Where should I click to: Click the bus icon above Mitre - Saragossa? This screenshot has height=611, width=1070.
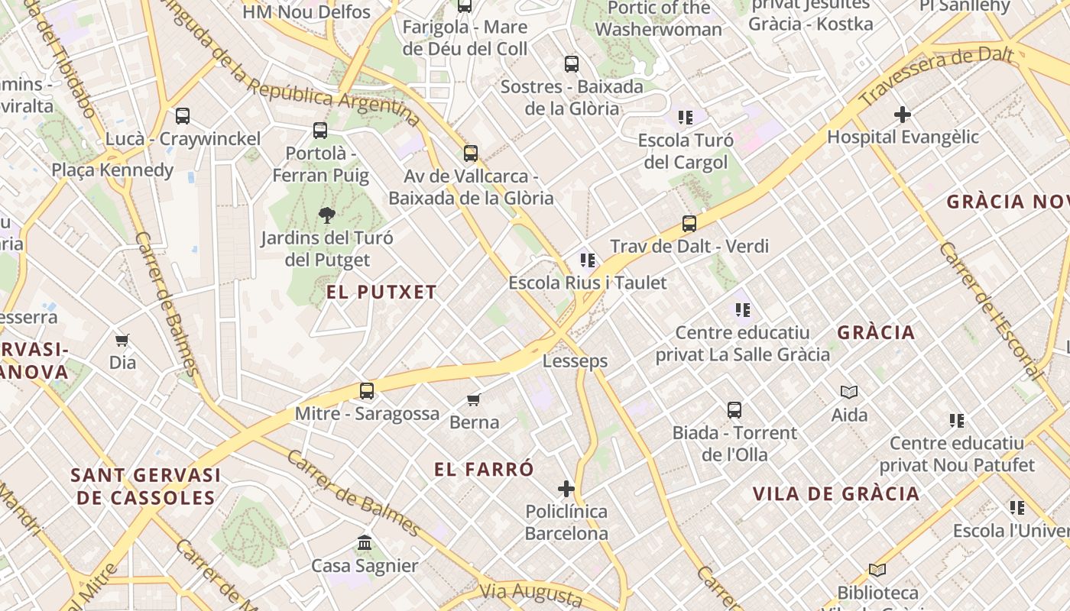click(367, 391)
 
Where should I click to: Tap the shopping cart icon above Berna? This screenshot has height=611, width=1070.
click(474, 399)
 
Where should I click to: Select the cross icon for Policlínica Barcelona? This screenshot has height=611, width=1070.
click(566, 489)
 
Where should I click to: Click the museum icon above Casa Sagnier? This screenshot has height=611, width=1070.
click(365, 543)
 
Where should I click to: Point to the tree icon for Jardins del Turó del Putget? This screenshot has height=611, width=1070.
click(327, 215)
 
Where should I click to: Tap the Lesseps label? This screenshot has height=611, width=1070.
click(575, 360)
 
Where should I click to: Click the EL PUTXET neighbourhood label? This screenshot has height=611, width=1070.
click(381, 292)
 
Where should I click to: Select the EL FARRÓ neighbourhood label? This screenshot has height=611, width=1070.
click(484, 469)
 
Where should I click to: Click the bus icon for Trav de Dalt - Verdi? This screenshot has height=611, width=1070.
click(689, 224)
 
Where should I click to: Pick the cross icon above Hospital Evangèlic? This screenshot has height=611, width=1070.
click(903, 115)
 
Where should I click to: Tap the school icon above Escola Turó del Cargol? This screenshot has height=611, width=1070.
click(686, 118)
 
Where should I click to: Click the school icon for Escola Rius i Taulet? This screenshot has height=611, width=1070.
click(588, 260)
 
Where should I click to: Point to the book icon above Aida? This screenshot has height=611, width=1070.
click(849, 392)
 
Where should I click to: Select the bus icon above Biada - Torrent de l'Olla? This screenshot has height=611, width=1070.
click(734, 410)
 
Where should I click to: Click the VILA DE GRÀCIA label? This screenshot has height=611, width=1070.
click(836, 493)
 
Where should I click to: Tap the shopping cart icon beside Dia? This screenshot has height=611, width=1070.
click(122, 340)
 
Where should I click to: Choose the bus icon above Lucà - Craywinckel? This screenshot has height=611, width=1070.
click(183, 116)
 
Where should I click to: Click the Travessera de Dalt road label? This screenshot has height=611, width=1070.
click(936, 77)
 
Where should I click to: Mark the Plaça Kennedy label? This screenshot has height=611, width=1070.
click(112, 170)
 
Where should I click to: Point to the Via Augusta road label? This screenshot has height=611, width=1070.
click(532, 592)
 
